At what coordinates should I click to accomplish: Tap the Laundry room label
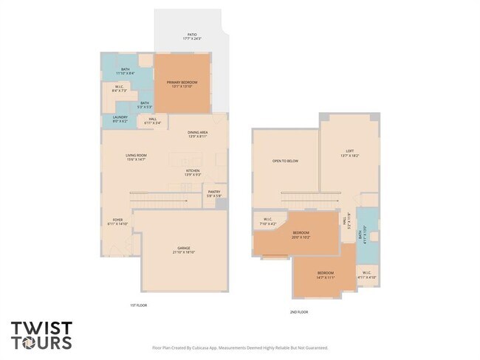coord(120,120)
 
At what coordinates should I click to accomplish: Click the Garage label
coord(184,249)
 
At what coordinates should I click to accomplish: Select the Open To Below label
coord(285,160)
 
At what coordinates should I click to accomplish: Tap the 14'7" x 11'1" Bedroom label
coord(326,274)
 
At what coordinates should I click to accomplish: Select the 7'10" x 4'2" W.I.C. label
coord(268,221)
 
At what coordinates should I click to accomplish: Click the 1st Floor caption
coord(138,304)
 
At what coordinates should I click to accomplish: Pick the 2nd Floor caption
coord(299,312)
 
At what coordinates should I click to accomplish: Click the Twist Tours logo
coord(41,335)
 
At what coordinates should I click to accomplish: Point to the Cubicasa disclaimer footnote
coord(240,347)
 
